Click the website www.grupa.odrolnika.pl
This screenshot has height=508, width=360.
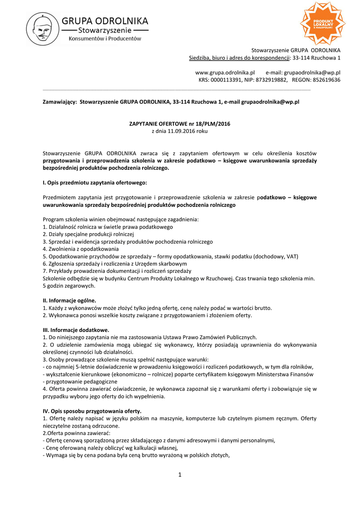[225, 72]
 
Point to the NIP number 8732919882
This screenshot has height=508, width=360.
[274, 80]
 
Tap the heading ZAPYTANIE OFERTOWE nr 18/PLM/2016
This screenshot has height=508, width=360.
[179, 124]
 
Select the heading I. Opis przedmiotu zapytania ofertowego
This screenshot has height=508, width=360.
[94, 183]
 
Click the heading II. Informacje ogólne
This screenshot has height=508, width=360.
[70, 300]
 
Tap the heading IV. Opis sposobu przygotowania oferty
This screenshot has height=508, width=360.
[92, 411]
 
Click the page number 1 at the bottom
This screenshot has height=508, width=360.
[180, 475]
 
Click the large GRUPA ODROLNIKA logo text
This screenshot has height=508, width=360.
[108, 21]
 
